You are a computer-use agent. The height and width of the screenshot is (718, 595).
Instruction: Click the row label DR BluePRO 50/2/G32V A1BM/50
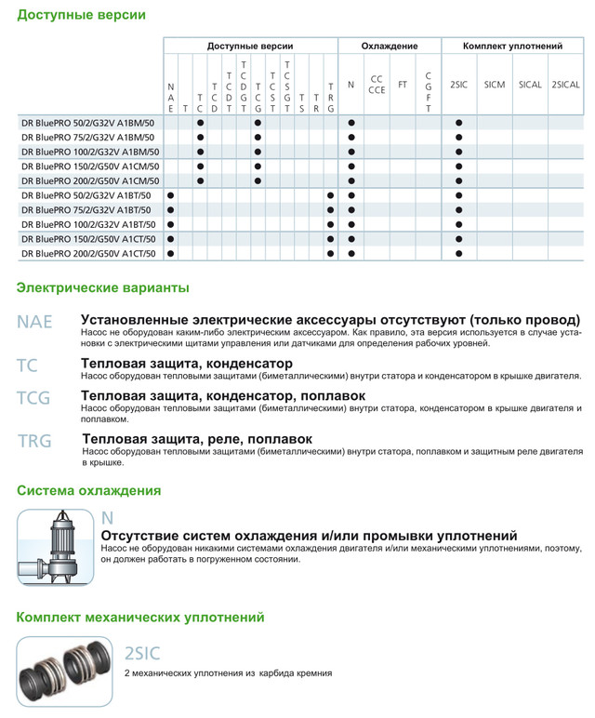tap(89, 123)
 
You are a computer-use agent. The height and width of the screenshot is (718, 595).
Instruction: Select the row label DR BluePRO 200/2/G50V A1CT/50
tap(89, 253)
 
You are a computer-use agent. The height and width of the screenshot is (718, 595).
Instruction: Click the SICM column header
tap(495, 85)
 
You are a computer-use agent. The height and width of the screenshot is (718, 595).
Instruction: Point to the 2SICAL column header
tap(566, 85)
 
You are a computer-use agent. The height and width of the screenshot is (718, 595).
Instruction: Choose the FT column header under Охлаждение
tap(403, 85)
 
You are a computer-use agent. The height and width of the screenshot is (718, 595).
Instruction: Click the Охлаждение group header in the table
tap(389, 46)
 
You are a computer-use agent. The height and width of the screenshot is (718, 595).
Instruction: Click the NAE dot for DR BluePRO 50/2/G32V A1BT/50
tap(170, 195)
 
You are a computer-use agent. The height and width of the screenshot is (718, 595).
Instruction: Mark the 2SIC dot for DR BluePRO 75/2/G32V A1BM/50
tap(458, 138)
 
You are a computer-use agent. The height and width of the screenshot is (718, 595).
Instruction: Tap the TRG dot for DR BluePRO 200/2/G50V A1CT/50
tap(330, 253)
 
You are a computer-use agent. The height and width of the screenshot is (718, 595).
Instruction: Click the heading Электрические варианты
tap(103, 287)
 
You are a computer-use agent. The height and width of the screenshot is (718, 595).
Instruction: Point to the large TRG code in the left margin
tap(34, 442)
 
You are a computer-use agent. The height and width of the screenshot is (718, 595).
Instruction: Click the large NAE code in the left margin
tap(34, 322)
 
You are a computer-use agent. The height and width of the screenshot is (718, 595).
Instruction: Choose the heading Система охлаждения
tap(88, 490)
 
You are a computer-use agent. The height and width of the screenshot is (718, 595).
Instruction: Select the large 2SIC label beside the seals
tap(141, 654)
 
